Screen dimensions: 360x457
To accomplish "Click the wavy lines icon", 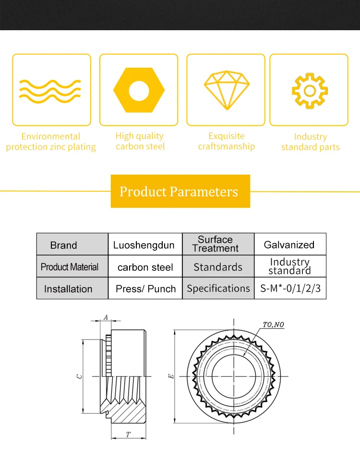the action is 50,91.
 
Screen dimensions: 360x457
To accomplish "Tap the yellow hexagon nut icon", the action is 139,90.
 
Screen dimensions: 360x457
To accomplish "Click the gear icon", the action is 310,91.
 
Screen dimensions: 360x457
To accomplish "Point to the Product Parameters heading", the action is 179,191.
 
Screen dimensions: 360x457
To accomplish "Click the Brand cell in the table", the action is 72,244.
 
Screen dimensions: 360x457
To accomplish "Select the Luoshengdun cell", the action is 145,244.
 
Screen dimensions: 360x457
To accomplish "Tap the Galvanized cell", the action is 290,244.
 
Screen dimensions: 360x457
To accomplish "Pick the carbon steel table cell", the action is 145,267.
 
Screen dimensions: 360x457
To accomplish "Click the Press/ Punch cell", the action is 145,288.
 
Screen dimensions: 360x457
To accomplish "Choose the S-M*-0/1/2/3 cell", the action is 290,288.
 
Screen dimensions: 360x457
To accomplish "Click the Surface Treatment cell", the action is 218,244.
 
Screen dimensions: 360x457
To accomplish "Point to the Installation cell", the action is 72,288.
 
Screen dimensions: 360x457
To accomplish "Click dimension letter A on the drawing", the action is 106,317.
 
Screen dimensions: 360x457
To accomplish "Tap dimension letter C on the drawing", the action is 79,376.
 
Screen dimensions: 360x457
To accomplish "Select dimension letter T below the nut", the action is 128,434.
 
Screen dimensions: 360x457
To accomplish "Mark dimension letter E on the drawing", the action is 171,376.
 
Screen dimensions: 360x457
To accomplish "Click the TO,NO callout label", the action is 273,325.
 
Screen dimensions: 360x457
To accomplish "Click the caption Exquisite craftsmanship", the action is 227,141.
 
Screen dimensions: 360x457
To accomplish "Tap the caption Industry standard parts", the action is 311,142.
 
